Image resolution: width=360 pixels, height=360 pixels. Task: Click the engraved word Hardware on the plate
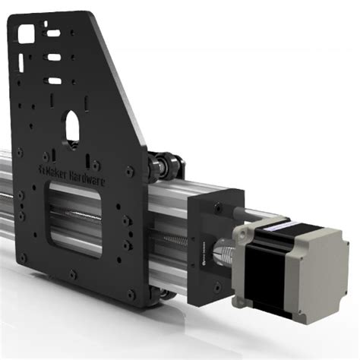tap(87, 177)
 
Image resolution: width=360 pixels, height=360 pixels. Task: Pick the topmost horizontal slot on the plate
tap(53, 33)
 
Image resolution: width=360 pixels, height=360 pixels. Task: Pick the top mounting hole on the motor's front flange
tap(242, 229)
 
